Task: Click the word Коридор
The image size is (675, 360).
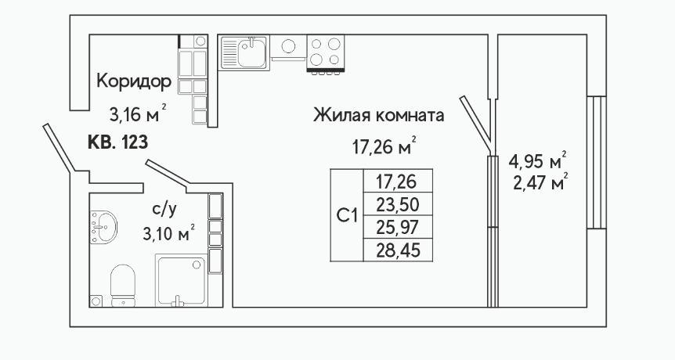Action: pos(134,81)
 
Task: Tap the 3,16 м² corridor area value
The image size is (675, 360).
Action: pos(138,114)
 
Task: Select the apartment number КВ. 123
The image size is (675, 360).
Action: pos(118,142)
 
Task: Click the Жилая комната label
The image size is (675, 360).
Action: pos(378,115)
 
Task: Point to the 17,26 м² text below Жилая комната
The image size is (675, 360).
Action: pos(384,146)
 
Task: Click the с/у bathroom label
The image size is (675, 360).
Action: pos(164,210)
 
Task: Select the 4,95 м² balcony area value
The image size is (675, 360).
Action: pos(538,162)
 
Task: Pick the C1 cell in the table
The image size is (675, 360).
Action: pos(347,215)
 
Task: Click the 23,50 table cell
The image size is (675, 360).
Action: pos(398,205)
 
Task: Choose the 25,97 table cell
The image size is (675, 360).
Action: pos(398,227)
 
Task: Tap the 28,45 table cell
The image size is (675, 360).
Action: pos(398,250)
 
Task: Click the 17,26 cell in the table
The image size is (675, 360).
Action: pos(398,182)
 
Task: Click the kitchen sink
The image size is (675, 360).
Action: pos(245,52)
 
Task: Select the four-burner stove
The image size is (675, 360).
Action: pos(326,53)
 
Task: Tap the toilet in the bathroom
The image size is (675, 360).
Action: pos(123,285)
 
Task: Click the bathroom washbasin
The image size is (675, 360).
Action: pos(103,226)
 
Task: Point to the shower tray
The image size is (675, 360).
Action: pos(181,280)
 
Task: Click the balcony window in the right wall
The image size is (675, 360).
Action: pos(596,162)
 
